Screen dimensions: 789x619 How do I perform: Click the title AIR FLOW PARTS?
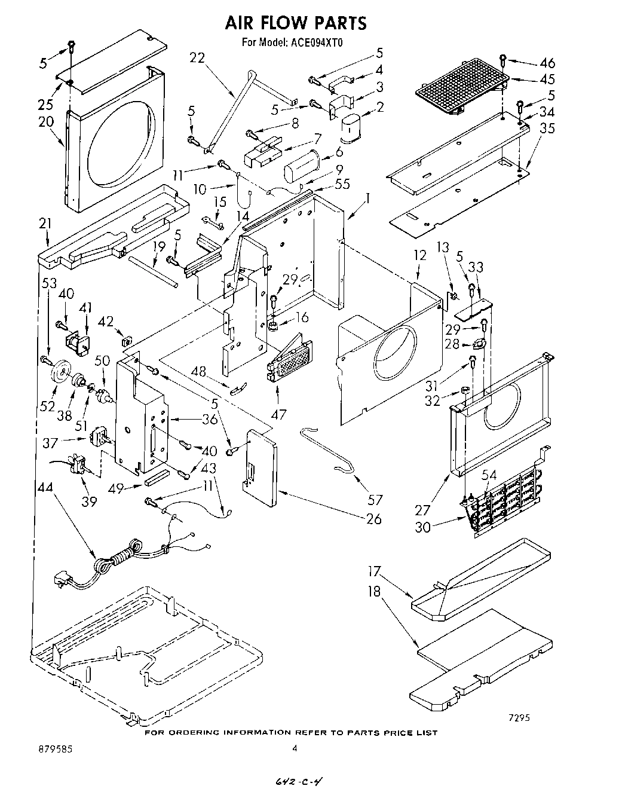click(295, 23)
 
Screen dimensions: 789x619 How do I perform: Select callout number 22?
click(197, 58)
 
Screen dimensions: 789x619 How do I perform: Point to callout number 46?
click(547, 63)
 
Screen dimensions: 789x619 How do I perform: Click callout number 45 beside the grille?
click(547, 79)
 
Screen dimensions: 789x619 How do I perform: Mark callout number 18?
click(374, 591)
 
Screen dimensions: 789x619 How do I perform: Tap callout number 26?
click(373, 519)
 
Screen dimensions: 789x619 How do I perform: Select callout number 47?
click(278, 413)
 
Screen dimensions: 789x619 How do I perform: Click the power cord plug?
click(62, 579)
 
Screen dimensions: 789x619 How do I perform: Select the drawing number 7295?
click(519, 718)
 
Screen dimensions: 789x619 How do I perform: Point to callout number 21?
click(45, 224)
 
